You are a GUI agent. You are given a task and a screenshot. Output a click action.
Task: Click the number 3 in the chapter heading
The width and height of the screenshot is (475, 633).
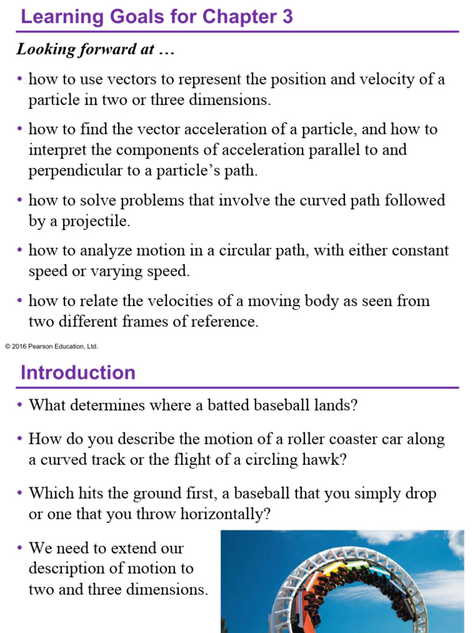286,17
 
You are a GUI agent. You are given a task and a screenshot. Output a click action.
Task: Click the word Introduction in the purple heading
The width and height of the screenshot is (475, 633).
78,373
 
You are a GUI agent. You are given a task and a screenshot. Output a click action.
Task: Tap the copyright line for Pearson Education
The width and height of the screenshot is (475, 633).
51,347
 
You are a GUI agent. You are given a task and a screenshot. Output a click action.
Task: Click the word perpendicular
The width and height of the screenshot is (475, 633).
67,171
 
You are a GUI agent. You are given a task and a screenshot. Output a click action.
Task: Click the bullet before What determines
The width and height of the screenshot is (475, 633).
20,406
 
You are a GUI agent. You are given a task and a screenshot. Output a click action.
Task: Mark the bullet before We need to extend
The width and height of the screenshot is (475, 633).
20,548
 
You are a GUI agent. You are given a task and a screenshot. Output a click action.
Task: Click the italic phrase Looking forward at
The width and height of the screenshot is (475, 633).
96,50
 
